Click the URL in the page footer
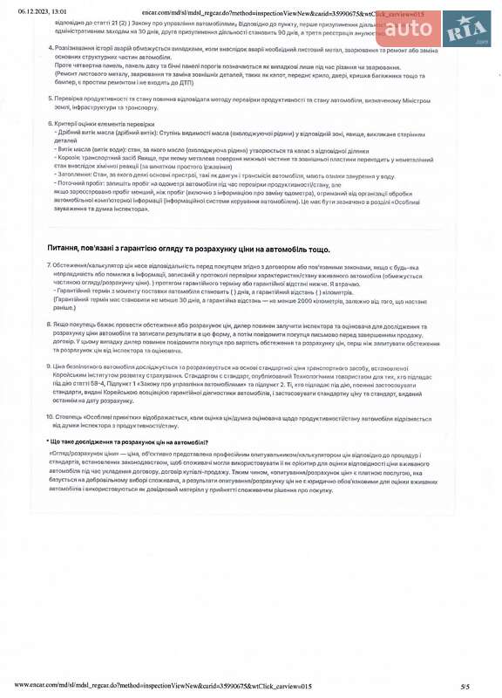163,687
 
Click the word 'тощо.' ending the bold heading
319,250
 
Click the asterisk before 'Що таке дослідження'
47,442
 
